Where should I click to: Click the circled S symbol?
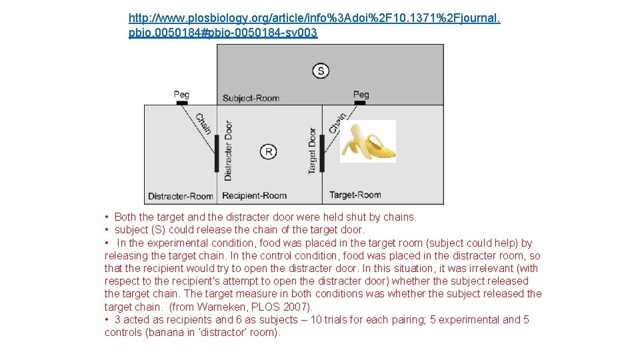coord(321,71)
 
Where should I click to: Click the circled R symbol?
coord(267,151)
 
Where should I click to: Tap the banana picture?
coord(368,141)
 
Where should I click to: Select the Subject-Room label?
coord(251,98)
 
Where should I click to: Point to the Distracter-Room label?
coord(180,196)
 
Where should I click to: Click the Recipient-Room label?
coord(254,196)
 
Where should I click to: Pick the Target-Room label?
coord(355,195)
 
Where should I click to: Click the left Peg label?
coord(181,95)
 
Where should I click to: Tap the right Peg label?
coord(361,95)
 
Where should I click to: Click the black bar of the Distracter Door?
coord(216,153)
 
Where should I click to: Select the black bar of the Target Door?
coord(322,153)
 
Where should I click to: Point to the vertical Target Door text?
coord(312,151)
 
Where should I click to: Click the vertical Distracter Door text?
coord(228,151)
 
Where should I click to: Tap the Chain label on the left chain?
coord(203,124)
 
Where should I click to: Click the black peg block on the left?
coord(181,103)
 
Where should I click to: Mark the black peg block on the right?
coord(359,103)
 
